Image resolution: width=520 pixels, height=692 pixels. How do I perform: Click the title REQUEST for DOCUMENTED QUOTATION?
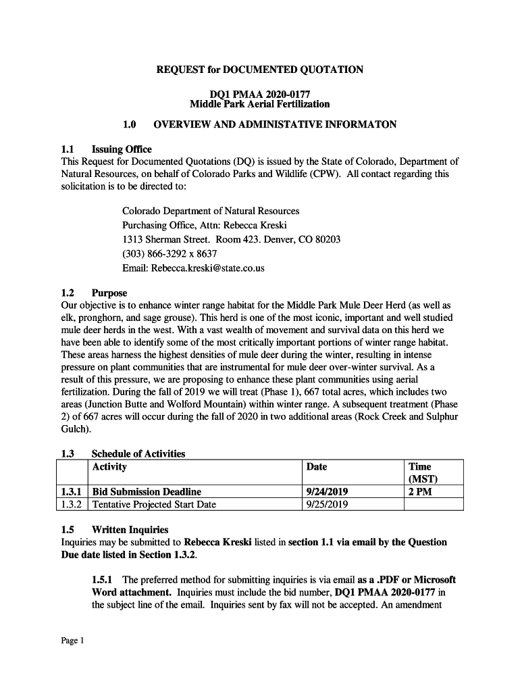260,70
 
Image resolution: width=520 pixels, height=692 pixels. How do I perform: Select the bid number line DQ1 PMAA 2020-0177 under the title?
260,94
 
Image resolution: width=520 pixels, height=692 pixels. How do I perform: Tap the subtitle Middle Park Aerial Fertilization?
260,104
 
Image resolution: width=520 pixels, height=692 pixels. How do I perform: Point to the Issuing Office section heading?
122,149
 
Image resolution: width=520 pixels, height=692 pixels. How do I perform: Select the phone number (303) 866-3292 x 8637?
170,253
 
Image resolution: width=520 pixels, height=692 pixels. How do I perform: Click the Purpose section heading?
109,293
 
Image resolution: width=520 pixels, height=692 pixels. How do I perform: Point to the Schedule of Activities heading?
138,453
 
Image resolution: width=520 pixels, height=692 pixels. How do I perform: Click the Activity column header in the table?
109,466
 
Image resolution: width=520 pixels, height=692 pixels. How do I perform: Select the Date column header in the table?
317,466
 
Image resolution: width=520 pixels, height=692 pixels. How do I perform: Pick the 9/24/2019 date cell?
328,492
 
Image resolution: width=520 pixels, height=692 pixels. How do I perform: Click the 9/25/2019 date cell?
328,504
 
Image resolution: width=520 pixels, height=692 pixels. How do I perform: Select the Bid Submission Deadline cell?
147,492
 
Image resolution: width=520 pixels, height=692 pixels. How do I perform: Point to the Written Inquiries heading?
130,530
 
